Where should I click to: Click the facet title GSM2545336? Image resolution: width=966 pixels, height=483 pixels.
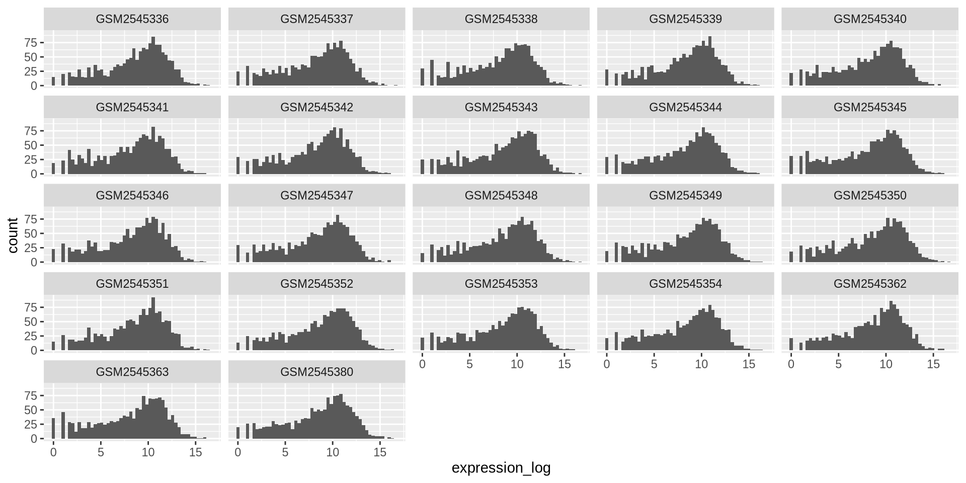pos(132,19)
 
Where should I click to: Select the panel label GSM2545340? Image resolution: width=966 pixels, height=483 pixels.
pos(869,19)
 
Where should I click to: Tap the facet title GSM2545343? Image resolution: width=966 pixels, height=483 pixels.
pos(501,107)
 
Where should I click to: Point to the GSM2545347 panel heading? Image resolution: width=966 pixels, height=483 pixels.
pos(316,195)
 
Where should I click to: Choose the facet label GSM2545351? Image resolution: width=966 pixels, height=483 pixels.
pos(132,284)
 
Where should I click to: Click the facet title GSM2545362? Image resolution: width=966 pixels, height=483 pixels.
pos(869,284)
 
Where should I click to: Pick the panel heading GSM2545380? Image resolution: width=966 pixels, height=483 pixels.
pos(316,372)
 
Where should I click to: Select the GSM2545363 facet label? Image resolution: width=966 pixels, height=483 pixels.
pos(132,372)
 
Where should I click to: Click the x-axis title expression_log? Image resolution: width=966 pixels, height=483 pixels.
pos(501,468)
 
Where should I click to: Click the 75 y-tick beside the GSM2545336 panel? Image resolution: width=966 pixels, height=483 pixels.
pos(31,43)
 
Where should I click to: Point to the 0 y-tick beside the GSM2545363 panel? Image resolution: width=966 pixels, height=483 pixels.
pos(34,439)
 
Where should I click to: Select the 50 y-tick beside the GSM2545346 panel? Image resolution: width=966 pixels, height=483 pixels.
pos(31,233)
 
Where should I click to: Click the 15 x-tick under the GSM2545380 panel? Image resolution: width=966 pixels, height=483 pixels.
pos(380,452)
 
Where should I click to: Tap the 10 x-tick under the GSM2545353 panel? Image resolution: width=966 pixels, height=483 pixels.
pos(517,364)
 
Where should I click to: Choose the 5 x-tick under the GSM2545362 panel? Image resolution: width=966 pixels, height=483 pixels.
pos(838,364)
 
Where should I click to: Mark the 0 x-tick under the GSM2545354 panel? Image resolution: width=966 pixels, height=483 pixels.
pos(607,364)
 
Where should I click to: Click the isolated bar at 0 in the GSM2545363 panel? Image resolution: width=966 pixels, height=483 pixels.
pos(53,429)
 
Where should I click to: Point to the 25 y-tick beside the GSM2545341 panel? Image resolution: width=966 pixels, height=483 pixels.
pos(31,159)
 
